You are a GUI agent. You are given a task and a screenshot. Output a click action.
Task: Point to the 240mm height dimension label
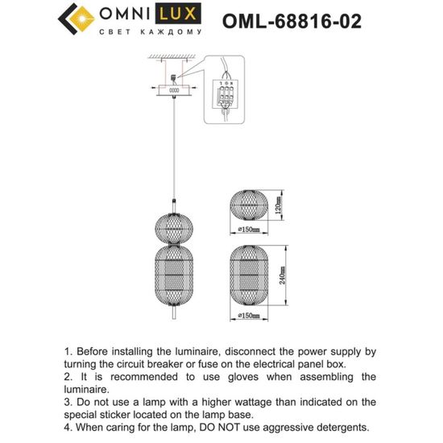[x=283, y=278]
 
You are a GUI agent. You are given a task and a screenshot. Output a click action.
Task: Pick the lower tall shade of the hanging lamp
[x=175, y=276]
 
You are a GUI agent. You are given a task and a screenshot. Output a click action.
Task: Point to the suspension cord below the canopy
[x=175, y=145]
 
